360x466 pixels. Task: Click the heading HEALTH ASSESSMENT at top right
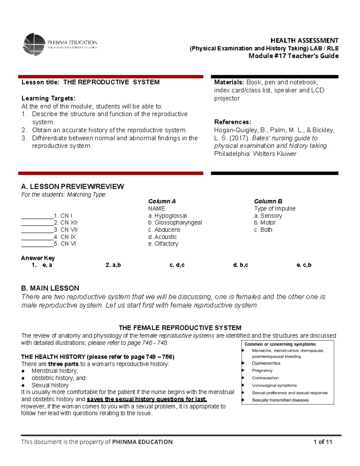pyautogui.click(x=304, y=41)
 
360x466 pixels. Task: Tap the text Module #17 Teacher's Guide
pyautogui.click(x=293, y=56)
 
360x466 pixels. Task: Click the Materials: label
pyautogui.click(x=229, y=82)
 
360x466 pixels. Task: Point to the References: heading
pyautogui.click(x=232, y=122)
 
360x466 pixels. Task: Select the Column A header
pyautogui.click(x=162, y=201)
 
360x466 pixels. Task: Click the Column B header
pyautogui.click(x=268, y=201)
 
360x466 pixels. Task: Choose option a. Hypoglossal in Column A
pyautogui.click(x=167, y=216)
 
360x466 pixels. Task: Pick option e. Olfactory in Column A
pyautogui.click(x=163, y=244)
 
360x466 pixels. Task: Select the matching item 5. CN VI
pyautogui.click(x=65, y=244)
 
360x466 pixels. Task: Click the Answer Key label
pyautogui.click(x=38, y=258)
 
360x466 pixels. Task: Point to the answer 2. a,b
pyautogui.click(x=113, y=265)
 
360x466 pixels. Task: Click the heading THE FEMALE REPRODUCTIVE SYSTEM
pyautogui.click(x=180, y=328)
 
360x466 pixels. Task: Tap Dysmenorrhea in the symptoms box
pyautogui.click(x=266, y=363)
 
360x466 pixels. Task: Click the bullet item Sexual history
pyautogui.click(x=50, y=385)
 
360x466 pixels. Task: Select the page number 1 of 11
pyautogui.click(x=322, y=442)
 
